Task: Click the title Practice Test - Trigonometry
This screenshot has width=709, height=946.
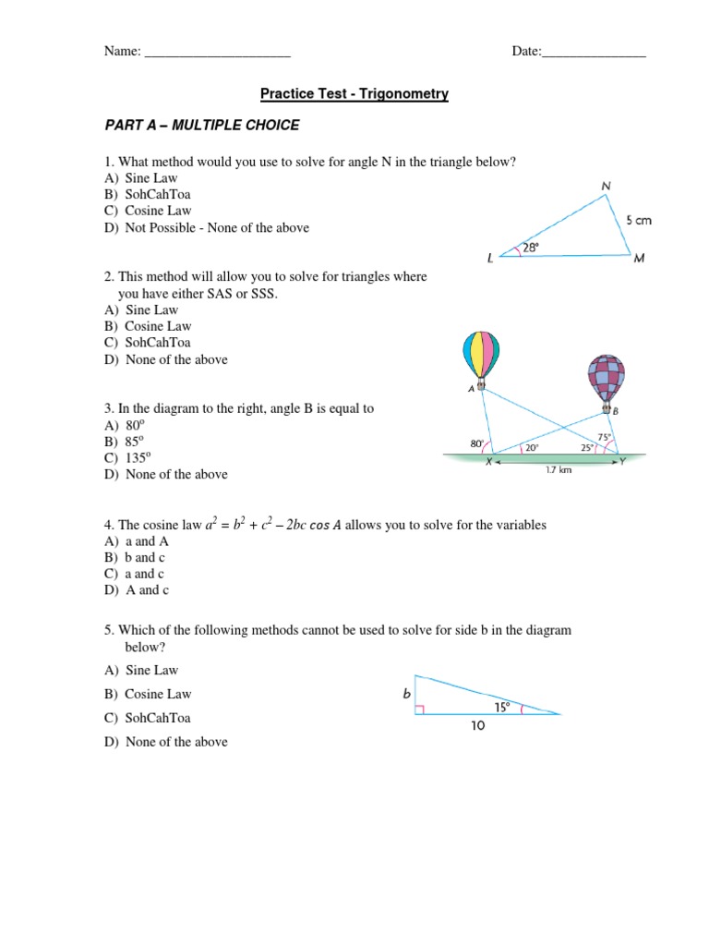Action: [x=354, y=94]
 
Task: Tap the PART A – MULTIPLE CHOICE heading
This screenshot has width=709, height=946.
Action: [x=201, y=125]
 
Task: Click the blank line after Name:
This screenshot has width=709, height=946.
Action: [x=218, y=53]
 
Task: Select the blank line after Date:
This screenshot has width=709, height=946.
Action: [x=594, y=53]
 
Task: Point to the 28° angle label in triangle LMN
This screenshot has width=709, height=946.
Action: [x=530, y=248]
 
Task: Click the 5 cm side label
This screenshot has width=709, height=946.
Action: [x=638, y=221]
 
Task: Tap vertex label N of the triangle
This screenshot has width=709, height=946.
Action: [x=606, y=186]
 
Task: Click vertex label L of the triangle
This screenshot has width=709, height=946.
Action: [x=490, y=260]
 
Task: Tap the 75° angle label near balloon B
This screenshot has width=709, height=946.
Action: [x=604, y=437]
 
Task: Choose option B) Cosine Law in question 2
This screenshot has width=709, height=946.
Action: [x=148, y=326]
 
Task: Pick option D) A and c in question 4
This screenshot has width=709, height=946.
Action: [x=137, y=590]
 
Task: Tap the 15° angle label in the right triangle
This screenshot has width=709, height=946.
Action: [x=501, y=707]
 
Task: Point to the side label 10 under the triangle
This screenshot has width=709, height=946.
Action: [x=478, y=726]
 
